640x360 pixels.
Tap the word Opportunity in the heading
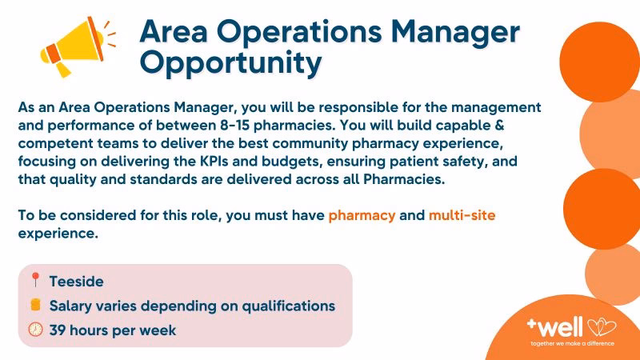point(230,62)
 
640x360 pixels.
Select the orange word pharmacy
point(362,216)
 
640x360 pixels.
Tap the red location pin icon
point(35,281)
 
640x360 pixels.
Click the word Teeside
point(76,282)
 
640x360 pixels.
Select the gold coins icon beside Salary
point(35,306)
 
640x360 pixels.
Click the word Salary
point(73,306)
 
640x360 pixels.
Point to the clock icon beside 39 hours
point(35,330)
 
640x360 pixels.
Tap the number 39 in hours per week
point(58,330)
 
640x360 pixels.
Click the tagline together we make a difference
point(573,343)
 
